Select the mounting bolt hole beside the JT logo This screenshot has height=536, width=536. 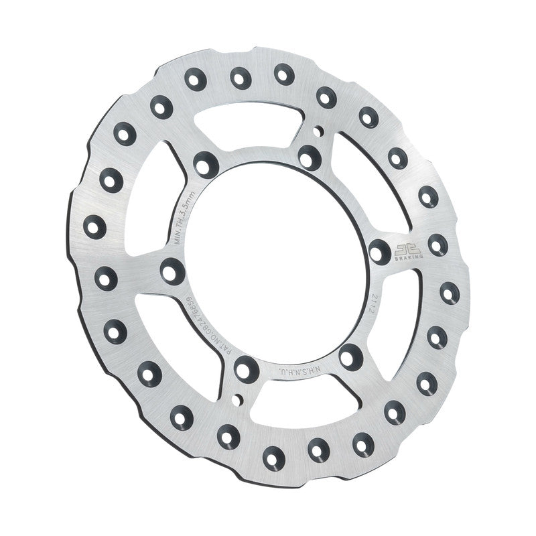379,251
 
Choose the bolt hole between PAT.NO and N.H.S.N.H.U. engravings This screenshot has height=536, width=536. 244,366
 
